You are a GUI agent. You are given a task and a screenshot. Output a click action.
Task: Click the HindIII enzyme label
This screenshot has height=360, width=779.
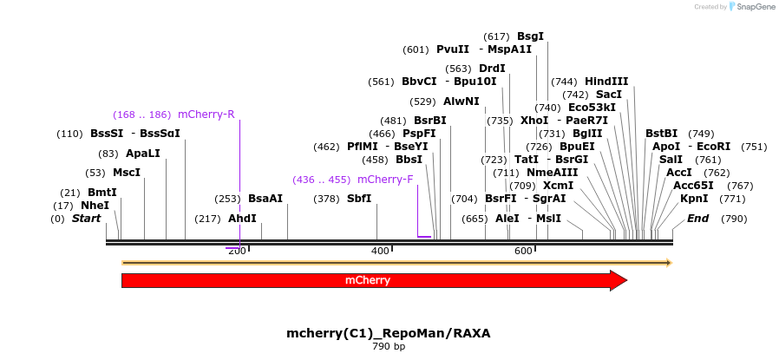pyautogui.click(x=606, y=82)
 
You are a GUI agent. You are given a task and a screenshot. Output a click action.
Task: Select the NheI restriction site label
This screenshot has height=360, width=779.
pyautogui.click(x=95, y=206)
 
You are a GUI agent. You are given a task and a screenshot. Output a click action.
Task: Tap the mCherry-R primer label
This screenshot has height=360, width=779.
pyautogui.click(x=206, y=115)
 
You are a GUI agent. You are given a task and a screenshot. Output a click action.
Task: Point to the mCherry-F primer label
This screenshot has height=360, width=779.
pyautogui.click(x=385, y=180)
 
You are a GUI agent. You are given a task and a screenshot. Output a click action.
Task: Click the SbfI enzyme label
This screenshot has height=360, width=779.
pyautogui.click(x=359, y=199)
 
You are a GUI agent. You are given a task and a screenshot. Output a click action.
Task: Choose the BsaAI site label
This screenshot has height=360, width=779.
pyautogui.click(x=265, y=199)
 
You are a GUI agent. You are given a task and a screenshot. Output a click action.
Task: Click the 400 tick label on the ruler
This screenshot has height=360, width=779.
pyautogui.click(x=380, y=251)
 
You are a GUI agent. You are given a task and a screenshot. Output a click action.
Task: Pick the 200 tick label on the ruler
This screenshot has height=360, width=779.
pyautogui.click(x=237, y=251)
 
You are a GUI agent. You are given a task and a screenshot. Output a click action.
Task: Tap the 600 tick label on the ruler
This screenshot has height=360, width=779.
pyautogui.click(x=523, y=251)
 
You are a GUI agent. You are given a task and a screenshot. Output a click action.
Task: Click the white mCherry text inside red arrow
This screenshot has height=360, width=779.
pyautogui.click(x=368, y=280)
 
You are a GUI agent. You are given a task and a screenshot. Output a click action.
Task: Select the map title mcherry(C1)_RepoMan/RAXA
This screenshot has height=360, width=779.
pyautogui.click(x=389, y=333)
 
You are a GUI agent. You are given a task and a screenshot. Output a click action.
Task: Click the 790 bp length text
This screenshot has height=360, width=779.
pyautogui.click(x=389, y=347)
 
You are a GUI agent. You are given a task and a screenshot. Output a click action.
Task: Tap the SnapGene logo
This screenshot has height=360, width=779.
pyautogui.click(x=752, y=7)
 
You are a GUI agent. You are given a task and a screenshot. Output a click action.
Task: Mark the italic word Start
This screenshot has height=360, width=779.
pyautogui.click(x=87, y=219)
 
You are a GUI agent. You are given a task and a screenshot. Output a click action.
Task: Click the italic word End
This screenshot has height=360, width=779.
pyautogui.click(x=697, y=219)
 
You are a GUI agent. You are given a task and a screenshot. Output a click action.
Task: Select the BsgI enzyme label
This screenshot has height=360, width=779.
pyautogui.click(x=530, y=36)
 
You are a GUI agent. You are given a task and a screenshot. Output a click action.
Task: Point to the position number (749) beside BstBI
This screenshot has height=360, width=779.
pyautogui.click(x=701, y=134)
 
